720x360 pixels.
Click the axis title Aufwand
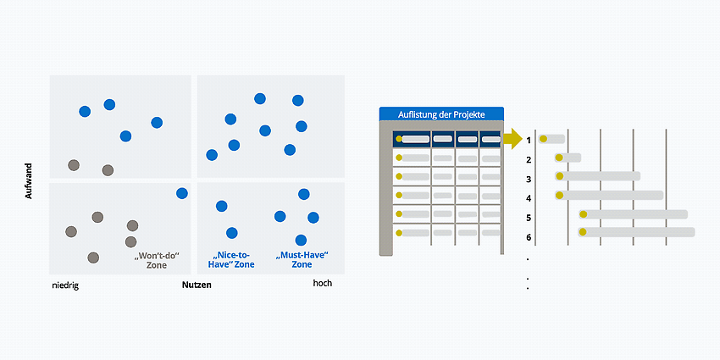29,180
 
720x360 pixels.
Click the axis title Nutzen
197,285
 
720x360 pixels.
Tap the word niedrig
65,285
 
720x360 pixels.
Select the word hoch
323,283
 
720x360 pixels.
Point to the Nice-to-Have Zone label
231,260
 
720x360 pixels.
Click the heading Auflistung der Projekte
441,114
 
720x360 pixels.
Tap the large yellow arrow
513,139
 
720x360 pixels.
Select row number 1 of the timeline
529,140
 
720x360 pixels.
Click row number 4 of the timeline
529,198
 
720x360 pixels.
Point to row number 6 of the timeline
529,237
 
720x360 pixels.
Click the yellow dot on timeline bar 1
543,139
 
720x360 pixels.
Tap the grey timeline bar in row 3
597,176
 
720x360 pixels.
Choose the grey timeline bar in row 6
636,232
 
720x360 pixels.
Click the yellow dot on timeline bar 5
583,214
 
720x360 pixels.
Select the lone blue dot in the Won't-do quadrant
182,193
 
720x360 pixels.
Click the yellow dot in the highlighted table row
399,138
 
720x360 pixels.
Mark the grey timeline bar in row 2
568,158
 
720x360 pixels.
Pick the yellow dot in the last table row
399,233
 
